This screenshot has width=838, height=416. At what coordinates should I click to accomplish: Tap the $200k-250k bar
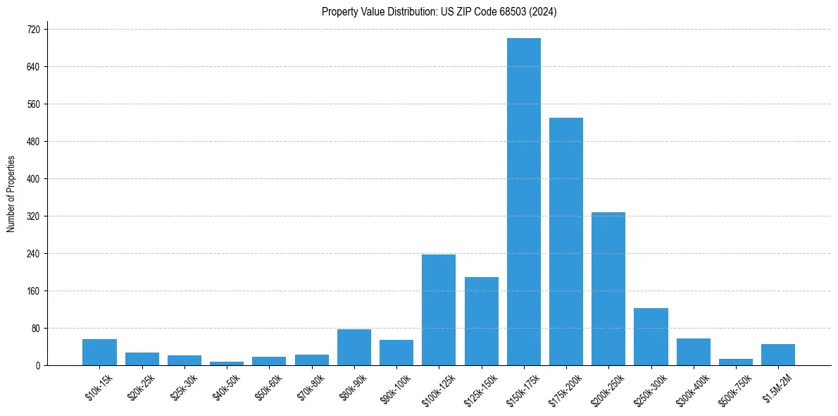[x=608, y=288]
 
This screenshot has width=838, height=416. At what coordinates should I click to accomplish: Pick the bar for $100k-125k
[x=439, y=310]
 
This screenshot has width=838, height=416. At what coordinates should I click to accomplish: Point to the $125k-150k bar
[x=482, y=321]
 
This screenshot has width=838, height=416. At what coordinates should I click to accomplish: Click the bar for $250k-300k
[x=651, y=336]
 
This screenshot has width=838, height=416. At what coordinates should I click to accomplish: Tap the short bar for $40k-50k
[x=227, y=363]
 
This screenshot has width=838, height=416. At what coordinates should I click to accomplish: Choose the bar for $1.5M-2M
[x=778, y=355]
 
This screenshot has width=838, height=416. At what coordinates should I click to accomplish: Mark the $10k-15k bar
[x=99, y=352]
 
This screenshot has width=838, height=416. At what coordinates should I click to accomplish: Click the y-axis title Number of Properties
[x=11, y=194]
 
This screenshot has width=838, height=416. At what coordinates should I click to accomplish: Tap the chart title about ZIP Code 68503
[x=439, y=11]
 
